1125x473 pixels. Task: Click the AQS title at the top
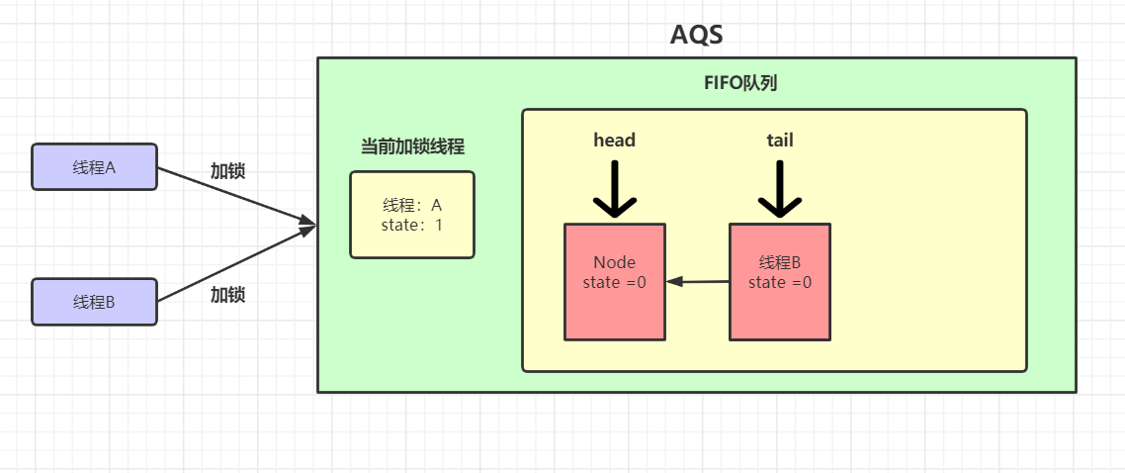tap(696, 35)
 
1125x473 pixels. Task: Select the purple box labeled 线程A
tap(94, 167)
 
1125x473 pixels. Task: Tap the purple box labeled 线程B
tap(94, 302)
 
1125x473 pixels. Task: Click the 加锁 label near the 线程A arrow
tap(227, 170)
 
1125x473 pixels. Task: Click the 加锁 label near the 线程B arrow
tap(227, 294)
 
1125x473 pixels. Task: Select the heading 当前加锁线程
tap(412, 146)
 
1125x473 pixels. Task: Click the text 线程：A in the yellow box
tap(412, 206)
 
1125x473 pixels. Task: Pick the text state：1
tap(412, 225)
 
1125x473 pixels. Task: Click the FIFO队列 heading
tap(739, 83)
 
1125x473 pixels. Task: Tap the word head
tap(614, 141)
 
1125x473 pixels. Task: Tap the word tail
tap(779, 141)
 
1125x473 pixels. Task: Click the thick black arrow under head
tap(614, 189)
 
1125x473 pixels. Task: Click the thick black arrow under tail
tap(779, 189)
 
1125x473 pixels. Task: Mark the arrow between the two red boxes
tap(698, 282)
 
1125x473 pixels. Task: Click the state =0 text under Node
tap(614, 282)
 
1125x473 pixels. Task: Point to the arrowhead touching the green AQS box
tap(308, 228)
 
